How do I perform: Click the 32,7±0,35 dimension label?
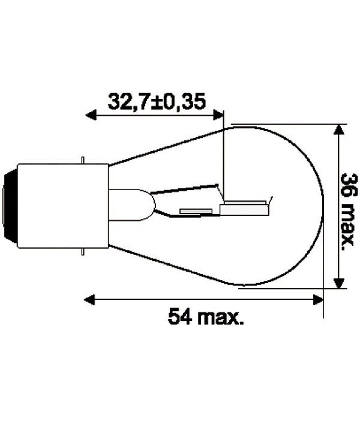pos(157,102)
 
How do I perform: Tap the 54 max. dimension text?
pos(206,317)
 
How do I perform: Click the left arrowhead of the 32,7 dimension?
pos(91,115)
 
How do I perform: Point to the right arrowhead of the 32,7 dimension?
pos(218,115)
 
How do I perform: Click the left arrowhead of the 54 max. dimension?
pos(89,300)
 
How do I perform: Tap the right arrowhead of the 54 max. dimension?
pos(319,300)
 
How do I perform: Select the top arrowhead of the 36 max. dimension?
pos(339,130)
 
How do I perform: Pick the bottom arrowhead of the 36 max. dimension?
pos(339,283)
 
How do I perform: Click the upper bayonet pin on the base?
pos(83,160)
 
